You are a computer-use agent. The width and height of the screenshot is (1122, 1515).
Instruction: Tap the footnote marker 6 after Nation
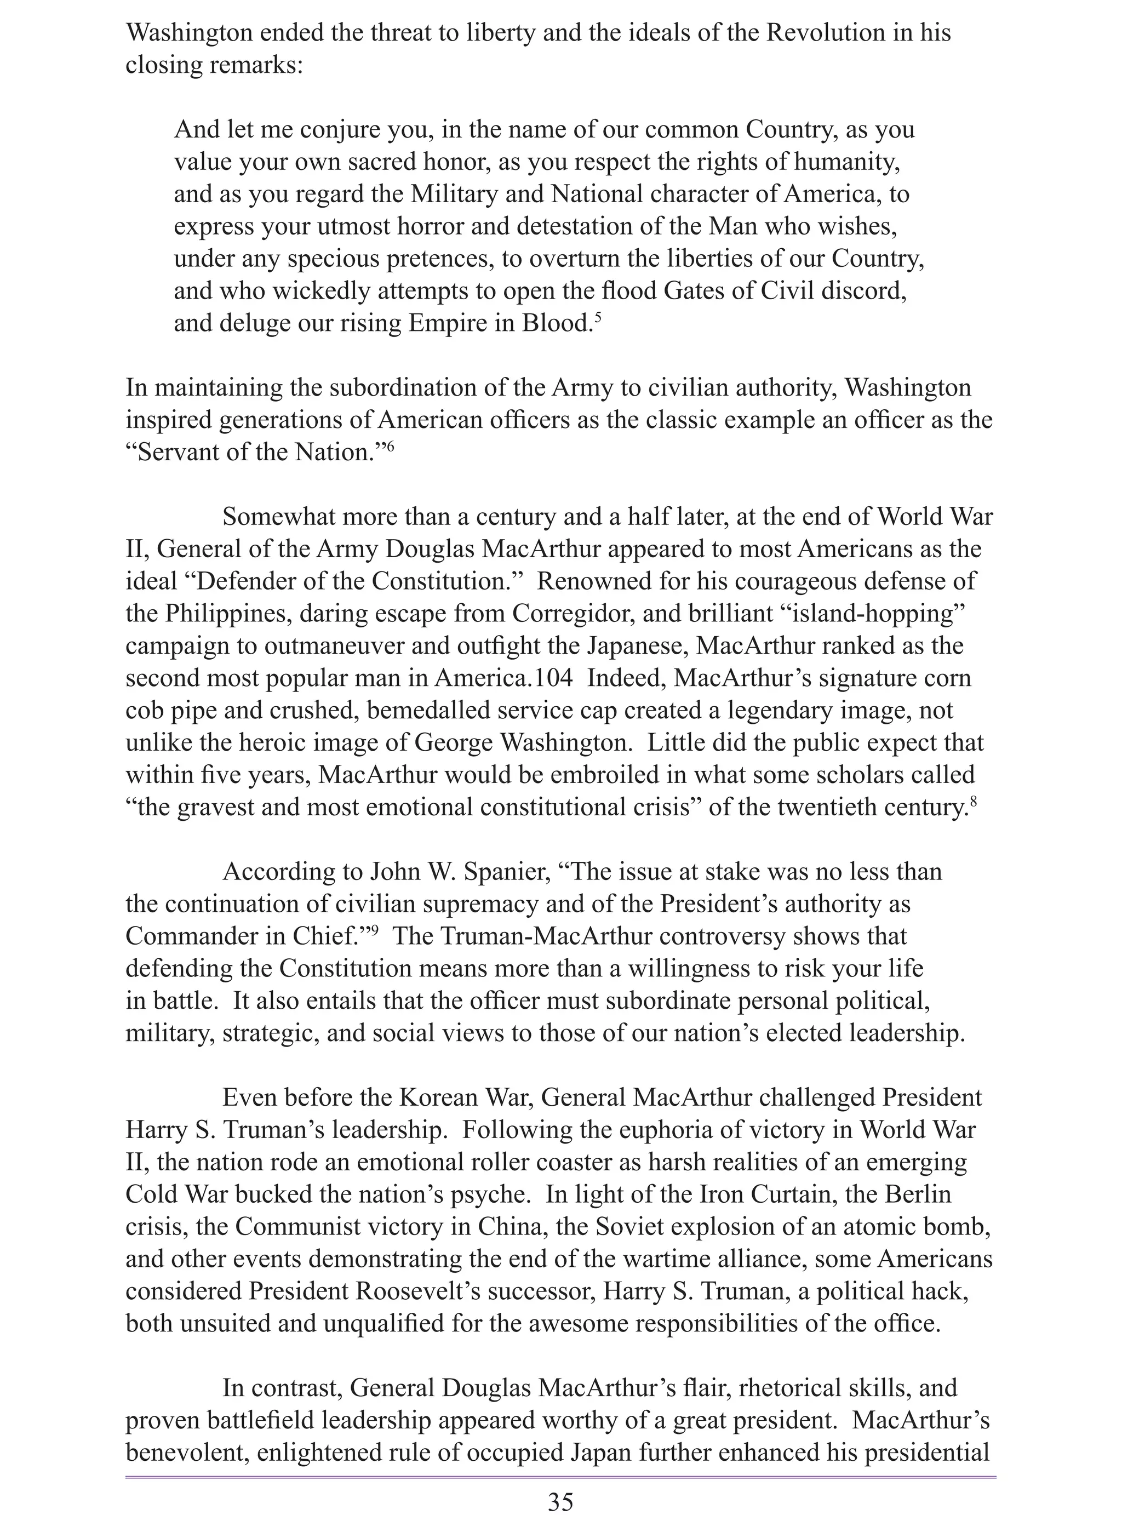390,445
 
